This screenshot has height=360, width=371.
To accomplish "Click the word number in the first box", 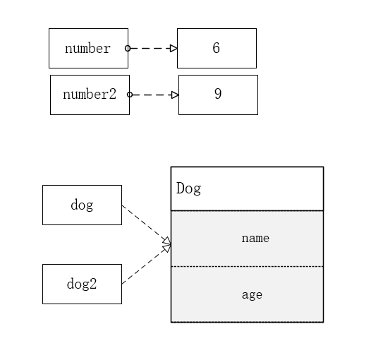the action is (87, 48).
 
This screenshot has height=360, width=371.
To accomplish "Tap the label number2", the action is (90, 94).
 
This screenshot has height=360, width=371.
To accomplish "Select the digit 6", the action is (217, 48).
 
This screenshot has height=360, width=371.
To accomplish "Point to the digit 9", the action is (218, 94).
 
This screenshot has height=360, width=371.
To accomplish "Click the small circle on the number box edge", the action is (128, 48).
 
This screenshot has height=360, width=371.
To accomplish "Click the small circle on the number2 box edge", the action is (130, 95).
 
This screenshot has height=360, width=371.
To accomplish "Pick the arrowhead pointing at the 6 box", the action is (174, 48).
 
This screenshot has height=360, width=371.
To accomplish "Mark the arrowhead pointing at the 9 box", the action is (175, 95).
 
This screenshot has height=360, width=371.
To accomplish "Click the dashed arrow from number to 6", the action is (152, 48).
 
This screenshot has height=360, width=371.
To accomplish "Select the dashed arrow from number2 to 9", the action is (154, 95).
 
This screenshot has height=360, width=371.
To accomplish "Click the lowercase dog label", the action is (82, 205).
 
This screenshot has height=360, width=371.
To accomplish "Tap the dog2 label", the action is (82, 284).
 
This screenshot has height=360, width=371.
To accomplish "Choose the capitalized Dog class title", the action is (188, 188).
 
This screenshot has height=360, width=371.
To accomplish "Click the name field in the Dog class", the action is (255, 238).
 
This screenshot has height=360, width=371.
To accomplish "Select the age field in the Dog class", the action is (252, 295).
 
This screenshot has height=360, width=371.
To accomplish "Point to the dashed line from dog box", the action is (147, 224).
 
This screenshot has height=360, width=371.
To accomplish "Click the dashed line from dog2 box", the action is (147, 265).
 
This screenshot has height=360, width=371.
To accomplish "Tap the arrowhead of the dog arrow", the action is (167, 241).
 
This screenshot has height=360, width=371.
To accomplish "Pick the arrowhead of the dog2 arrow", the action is (167, 248).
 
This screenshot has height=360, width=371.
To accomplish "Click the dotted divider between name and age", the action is (248, 266).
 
